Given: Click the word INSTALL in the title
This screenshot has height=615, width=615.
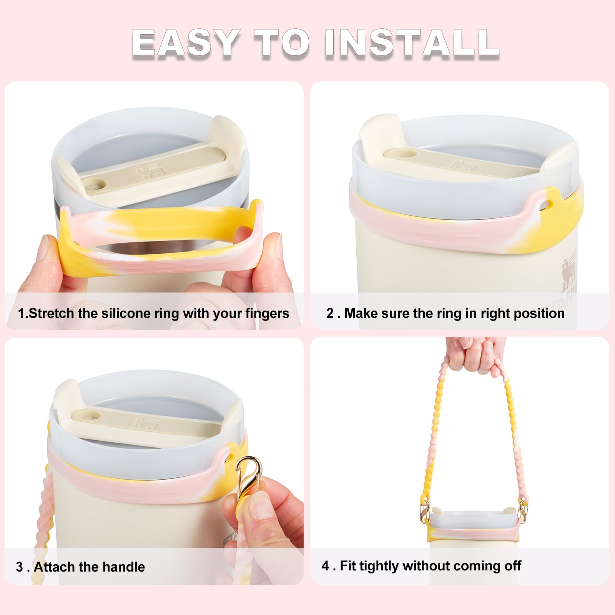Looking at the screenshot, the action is coord(412,43).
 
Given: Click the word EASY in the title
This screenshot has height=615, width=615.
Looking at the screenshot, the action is coord(186,43).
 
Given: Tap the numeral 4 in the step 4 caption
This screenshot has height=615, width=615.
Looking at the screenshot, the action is coord(325,566).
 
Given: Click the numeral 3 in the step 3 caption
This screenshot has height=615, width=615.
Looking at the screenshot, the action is coord(20,567).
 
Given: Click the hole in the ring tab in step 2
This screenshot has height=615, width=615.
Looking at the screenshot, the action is coord(545,206).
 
